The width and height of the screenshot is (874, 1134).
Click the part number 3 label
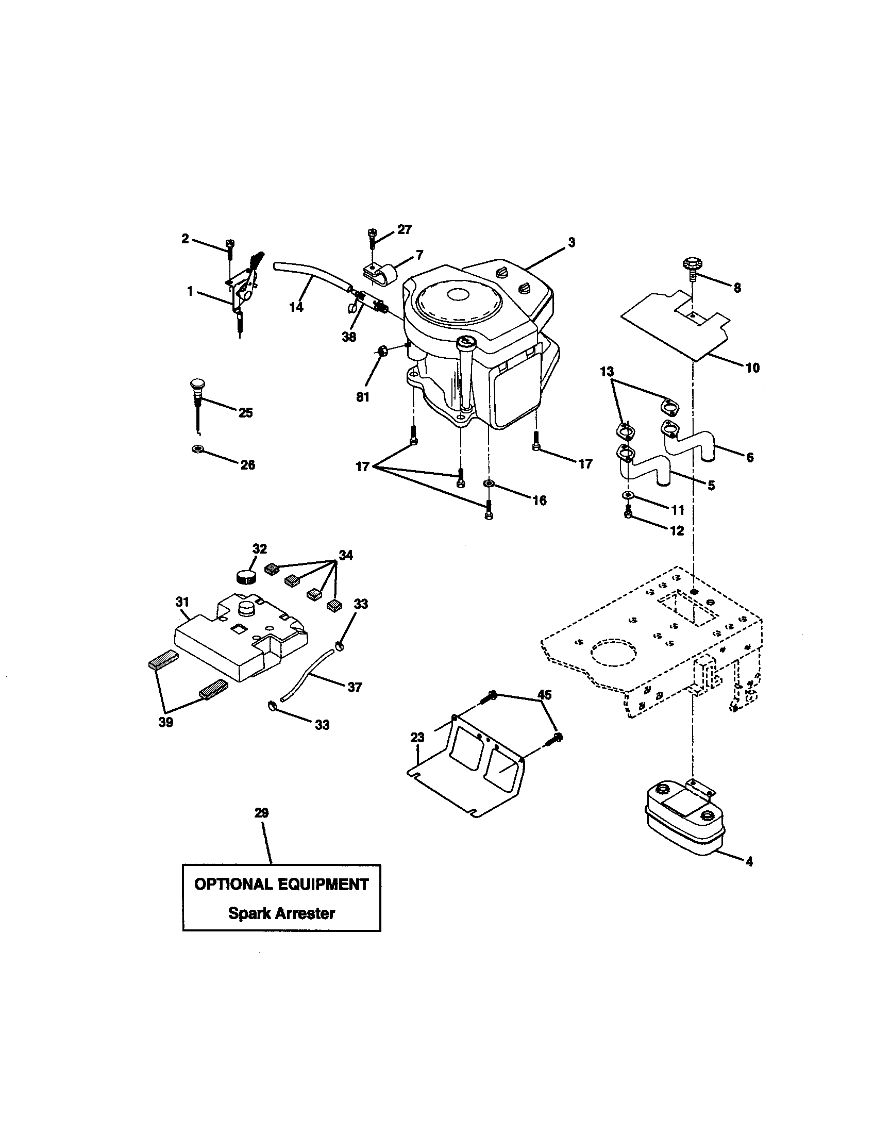click(x=571, y=242)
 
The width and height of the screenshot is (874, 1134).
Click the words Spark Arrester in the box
click(x=281, y=913)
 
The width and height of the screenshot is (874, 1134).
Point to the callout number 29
click(x=262, y=812)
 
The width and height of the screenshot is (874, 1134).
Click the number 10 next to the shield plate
click(x=752, y=368)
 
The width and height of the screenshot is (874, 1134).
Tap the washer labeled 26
click(x=197, y=448)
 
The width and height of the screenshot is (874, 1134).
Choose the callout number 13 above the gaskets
click(x=607, y=372)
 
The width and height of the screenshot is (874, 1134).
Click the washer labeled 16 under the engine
click(x=489, y=485)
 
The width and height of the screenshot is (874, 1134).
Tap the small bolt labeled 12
click(x=628, y=514)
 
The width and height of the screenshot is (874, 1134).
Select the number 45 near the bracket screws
click(x=544, y=694)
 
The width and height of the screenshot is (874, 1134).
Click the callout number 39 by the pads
click(x=165, y=722)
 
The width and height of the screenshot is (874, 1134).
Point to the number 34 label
click(x=346, y=555)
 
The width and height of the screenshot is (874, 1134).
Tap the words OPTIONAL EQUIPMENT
click(x=281, y=885)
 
